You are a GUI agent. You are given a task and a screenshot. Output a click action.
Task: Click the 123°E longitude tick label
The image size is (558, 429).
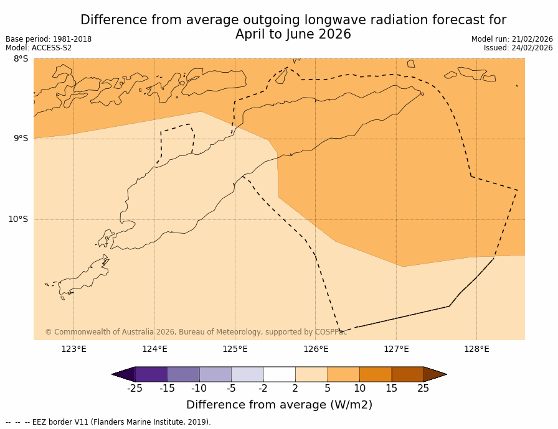tap(73, 349)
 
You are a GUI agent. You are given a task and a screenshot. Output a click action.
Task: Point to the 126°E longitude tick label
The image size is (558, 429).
tap(316, 349)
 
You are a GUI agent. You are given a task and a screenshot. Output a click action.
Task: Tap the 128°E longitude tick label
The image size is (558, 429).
tap(476, 349)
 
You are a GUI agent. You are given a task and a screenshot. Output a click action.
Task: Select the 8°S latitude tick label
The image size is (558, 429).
tap(21, 59)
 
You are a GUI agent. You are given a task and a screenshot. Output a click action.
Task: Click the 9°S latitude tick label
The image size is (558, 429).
tap(21, 139)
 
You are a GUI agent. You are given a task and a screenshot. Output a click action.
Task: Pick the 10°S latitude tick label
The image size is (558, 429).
tap(18, 219)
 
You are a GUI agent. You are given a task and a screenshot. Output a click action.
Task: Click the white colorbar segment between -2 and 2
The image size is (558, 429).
tap(279, 374)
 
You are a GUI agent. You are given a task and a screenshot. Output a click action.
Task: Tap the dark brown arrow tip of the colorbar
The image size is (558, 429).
tap(434, 374)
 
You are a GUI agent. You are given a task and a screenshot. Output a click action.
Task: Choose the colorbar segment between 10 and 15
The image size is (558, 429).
tap(376, 374)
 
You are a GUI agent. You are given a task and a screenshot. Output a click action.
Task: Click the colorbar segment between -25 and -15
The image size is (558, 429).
tap(151, 374)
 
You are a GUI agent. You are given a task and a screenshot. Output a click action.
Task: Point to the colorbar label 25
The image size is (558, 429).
tap(423, 389)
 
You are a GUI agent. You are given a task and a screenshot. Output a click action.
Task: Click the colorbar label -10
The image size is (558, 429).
tap(199, 389)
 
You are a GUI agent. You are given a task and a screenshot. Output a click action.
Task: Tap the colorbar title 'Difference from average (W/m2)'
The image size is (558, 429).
tap(279, 405)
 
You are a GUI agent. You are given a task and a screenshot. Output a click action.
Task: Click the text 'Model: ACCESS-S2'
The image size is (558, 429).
tap(39, 48)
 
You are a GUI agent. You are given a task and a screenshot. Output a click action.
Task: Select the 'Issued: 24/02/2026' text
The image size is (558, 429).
tap(518, 48)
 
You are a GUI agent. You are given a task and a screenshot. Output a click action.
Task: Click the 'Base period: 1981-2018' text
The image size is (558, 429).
tap(49, 39)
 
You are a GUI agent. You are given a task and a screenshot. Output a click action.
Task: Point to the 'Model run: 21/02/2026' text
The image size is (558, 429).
tap(512, 39)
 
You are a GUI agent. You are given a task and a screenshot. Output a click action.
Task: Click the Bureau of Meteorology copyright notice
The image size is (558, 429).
tap(196, 332)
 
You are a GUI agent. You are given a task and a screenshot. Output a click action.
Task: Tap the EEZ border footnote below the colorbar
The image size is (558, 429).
tap(108, 422)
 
